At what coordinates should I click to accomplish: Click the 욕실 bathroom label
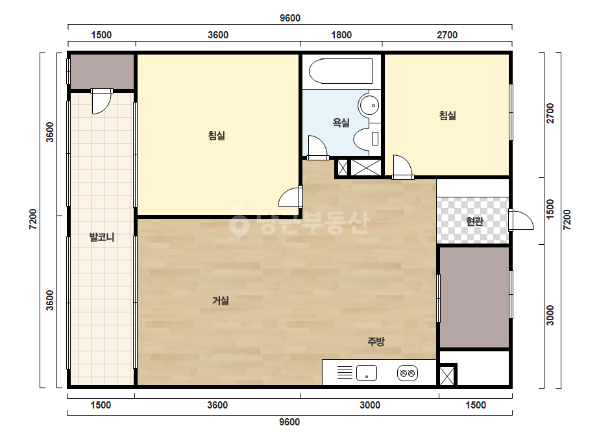point(341,123)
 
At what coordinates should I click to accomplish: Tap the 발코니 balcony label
point(102,237)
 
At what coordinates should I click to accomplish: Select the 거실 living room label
point(221,301)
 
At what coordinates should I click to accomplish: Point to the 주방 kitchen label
point(376,342)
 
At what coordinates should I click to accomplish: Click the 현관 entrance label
point(474,221)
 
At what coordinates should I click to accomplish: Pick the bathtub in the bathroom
point(340,71)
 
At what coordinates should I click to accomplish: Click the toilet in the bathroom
point(367,139)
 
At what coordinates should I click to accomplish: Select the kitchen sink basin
point(367,373)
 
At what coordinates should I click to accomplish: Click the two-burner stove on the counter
point(407,373)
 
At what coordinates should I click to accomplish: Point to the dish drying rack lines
point(345,373)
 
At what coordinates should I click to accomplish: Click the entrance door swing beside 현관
point(521,220)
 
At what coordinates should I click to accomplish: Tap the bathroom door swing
point(317,147)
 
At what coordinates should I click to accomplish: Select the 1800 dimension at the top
point(341,35)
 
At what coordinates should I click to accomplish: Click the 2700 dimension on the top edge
point(447,35)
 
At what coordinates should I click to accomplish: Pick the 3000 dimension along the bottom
point(370,405)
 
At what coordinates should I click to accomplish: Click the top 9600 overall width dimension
point(290,18)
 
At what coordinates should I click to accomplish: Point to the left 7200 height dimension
point(33,219)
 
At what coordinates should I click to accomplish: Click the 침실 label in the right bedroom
point(447,115)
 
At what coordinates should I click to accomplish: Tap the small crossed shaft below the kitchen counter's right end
point(446,375)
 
